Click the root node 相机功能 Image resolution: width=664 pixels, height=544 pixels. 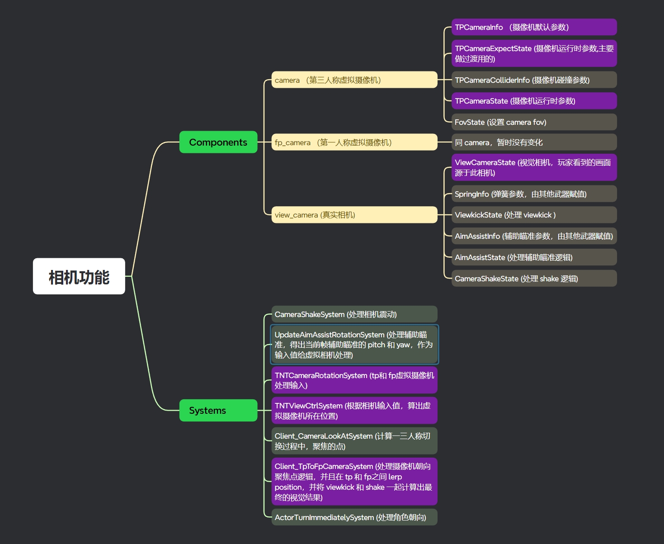click(x=79, y=276)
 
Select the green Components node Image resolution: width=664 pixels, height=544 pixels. click(x=218, y=142)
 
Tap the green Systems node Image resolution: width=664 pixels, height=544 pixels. click(x=218, y=410)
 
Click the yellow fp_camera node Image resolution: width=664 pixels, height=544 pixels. click(x=354, y=142)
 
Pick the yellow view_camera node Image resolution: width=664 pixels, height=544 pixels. click(x=354, y=215)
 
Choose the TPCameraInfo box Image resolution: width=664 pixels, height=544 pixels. click(x=534, y=27)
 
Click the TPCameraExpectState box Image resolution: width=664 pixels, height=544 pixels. click(x=534, y=53)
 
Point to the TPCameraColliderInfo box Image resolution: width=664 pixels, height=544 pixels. click(x=534, y=80)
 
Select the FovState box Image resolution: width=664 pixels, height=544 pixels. click(x=534, y=122)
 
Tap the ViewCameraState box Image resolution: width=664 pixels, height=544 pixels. click(x=534, y=167)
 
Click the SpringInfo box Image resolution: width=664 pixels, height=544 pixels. click(x=534, y=194)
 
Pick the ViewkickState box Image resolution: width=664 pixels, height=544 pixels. click(x=534, y=215)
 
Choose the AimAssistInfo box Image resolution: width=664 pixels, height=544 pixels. click(x=534, y=236)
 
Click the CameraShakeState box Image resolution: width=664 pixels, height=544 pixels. click(x=534, y=279)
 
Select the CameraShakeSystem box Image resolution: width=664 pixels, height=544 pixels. click(x=354, y=314)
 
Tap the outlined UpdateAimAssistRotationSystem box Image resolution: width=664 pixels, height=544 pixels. click(x=354, y=345)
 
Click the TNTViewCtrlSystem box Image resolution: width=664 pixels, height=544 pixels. click(x=354, y=411)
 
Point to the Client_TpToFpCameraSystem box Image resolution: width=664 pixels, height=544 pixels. click(x=354, y=482)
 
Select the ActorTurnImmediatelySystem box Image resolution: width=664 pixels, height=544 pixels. click(x=354, y=517)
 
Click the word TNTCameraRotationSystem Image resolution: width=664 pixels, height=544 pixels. click(x=321, y=375)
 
